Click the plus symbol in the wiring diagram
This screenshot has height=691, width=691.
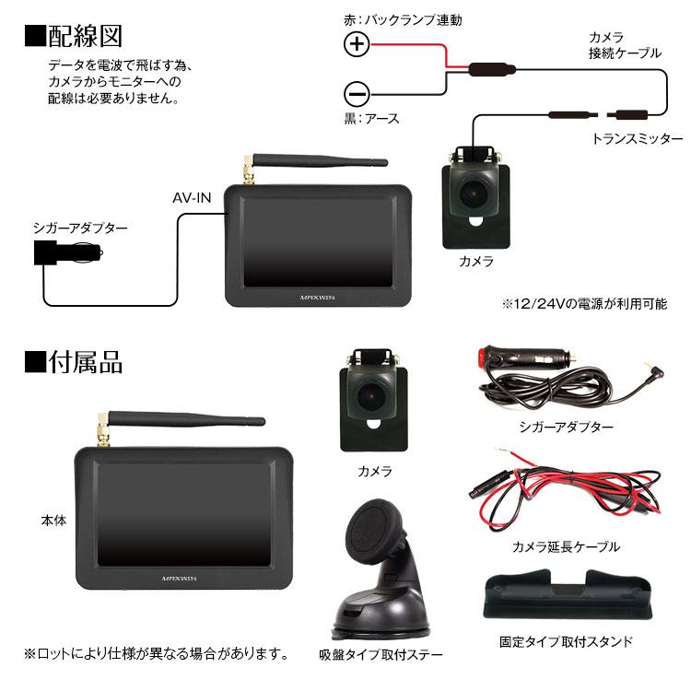(x=357, y=44)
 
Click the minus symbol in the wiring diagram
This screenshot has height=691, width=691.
(x=357, y=93)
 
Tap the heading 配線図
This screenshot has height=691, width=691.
(x=75, y=36)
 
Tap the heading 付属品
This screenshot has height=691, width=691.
(x=75, y=361)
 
